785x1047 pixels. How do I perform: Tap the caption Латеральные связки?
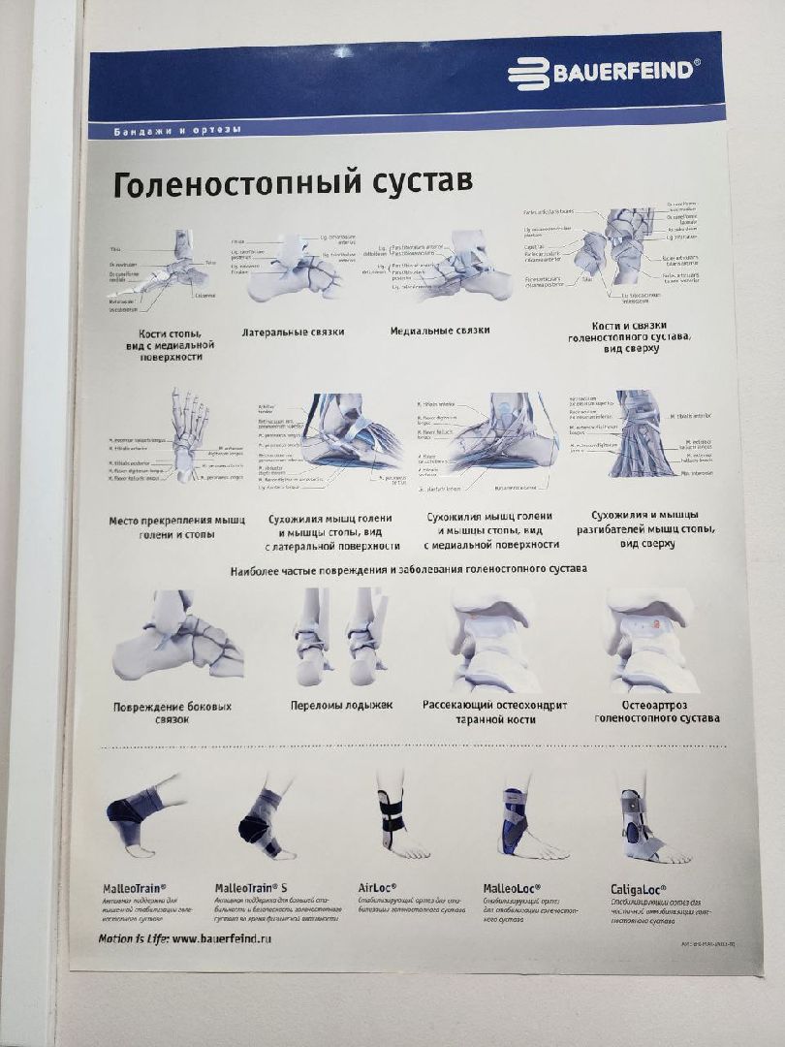coord(293,332)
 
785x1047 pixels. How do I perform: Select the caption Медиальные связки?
coord(439,331)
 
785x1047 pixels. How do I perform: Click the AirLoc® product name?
coord(383,887)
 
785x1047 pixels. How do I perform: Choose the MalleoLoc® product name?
coord(511,887)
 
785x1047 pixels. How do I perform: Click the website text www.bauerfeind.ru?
coord(226,938)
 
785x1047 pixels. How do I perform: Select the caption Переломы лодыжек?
coord(341,705)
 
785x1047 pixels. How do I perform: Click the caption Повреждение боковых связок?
coord(172,713)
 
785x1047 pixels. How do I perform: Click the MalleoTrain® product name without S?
coord(134,887)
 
